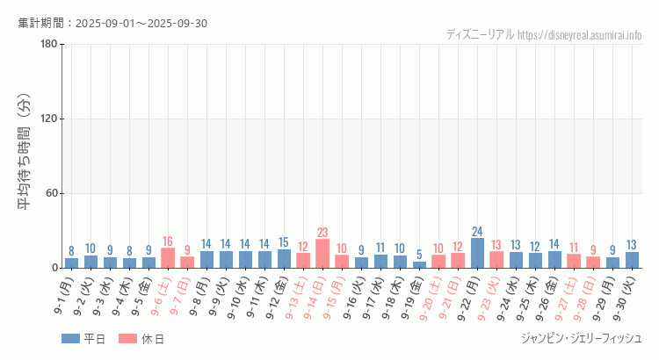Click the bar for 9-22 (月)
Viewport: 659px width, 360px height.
pyautogui.click(x=478, y=253)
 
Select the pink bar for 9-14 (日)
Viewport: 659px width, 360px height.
pyautogui.click(x=322, y=254)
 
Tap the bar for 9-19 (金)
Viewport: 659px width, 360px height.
pyautogui.click(x=419, y=264)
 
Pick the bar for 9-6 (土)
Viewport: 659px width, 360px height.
pyautogui.click(x=168, y=258)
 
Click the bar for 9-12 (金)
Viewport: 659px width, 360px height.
pyautogui.click(x=284, y=258)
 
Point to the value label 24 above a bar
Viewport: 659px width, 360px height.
pyautogui.click(x=478, y=233)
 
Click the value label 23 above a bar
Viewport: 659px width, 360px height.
pyautogui.click(x=322, y=234)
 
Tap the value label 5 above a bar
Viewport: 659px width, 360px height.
pyautogui.click(x=419, y=256)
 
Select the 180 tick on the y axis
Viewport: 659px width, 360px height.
pyautogui.click(x=49, y=45)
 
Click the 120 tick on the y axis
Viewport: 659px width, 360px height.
pyautogui.click(x=49, y=119)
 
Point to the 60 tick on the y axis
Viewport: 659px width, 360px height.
pyautogui.click(x=52, y=193)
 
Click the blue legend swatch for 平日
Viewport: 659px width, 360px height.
pyautogui.click(x=70, y=339)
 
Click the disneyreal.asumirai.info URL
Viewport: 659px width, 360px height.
pyautogui.click(x=580, y=35)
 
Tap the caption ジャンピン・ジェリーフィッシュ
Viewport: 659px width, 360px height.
pyautogui.click(x=581, y=338)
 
